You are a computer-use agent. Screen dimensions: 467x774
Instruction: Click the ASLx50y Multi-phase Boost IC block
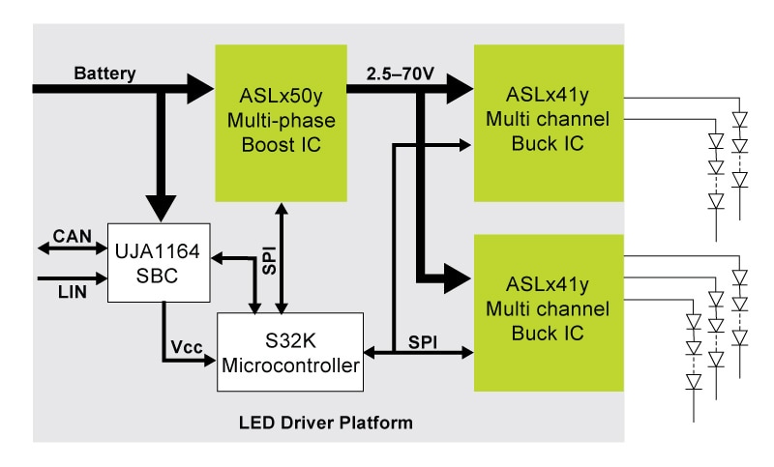tap(279, 123)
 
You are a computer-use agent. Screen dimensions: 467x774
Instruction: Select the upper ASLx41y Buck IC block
tap(549, 123)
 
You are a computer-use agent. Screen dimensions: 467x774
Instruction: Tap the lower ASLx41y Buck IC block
tap(549, 311)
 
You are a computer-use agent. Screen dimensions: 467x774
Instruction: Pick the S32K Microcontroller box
tap(289, 352)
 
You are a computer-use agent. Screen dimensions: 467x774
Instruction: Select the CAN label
tap(73, 234)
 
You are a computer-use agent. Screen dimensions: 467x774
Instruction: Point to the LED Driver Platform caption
tap(325, 423)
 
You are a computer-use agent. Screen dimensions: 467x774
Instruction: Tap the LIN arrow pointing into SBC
tap(88, 279)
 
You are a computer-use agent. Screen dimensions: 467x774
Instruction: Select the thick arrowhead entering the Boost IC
tap(200, 89)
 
